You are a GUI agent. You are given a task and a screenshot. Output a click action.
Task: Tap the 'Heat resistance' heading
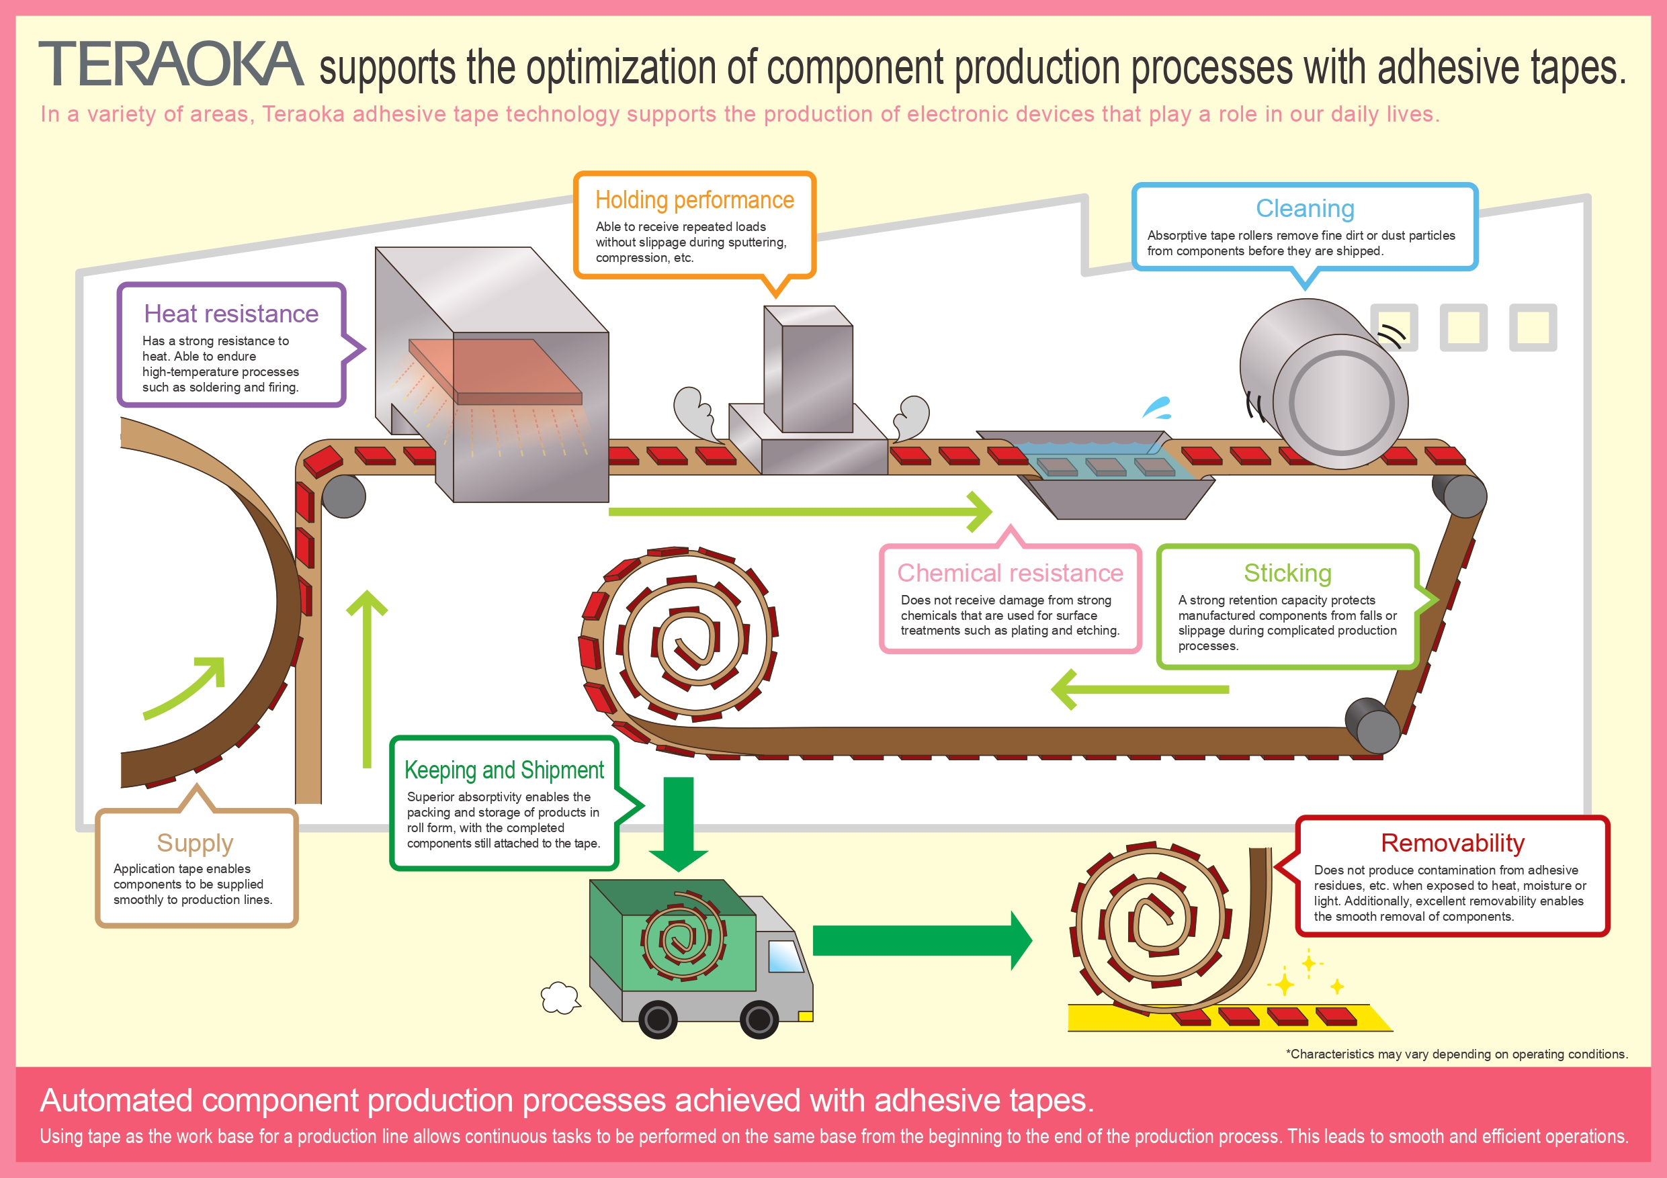tap(231, 314)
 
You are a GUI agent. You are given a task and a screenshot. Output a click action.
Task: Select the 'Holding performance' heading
tap(694, 199)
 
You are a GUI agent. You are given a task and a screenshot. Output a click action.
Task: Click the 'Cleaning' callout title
tap(1305, 208)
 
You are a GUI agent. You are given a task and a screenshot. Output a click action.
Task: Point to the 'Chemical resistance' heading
tap(1010, 573)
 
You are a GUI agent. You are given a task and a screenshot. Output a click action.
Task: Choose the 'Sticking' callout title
tap(1287, 573)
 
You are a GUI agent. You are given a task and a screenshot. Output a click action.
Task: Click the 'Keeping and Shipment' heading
tap(504, 770)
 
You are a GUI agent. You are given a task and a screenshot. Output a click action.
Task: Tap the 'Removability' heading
tap(1452, 843)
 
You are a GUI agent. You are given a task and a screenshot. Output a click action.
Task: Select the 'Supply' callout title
tap(195, 843)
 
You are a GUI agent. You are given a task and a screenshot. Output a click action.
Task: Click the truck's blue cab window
tap(785, 956)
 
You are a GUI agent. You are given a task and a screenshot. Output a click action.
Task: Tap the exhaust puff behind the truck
tap(560, 998)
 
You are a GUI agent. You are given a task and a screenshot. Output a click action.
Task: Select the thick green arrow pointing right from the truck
tap(922, 941)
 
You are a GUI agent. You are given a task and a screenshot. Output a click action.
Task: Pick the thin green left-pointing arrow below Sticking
tap(1140, 690)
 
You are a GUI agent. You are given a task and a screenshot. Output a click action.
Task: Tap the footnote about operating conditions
tap(1457, 1054)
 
